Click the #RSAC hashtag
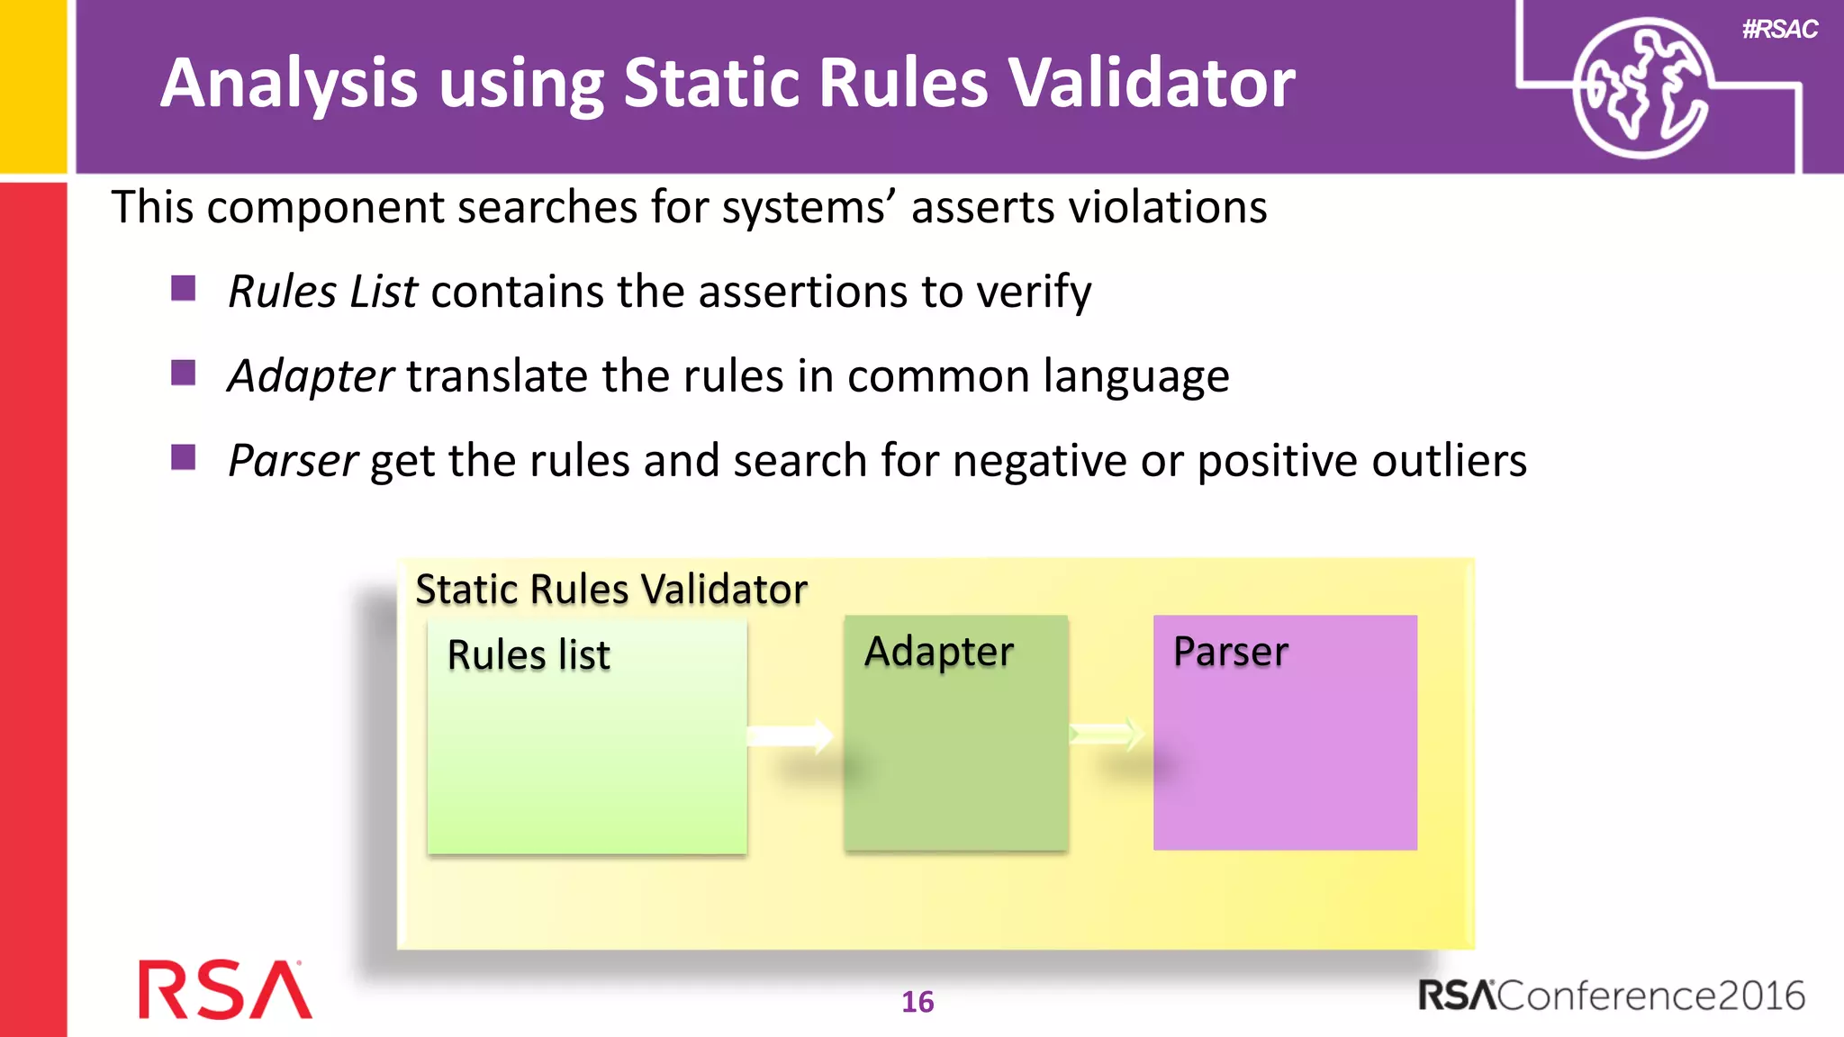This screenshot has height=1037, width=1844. (x=1779, y=30)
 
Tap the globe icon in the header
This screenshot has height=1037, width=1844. (x=1641, y=88)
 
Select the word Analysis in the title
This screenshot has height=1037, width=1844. (x=288, y=83)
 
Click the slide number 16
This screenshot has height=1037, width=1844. (x=917, y=1002)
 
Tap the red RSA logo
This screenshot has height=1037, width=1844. (x=225, y=990)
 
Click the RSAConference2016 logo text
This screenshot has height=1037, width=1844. (x=1612, y=996)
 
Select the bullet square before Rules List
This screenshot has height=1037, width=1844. (x=184, y=288)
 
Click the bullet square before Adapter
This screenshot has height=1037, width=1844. (x=184, y=372)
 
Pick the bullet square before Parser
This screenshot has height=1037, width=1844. (x=184, y=456)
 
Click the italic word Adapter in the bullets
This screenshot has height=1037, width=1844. (x=311, y=375)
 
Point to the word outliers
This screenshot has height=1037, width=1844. (x=1450, y=460)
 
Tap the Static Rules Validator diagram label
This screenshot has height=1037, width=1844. (x=610, y=590)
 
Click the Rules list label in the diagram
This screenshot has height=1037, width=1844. (x=529, y=654)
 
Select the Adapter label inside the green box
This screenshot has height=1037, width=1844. (x=938, y=652)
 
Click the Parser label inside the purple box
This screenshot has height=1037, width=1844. (x=1230, y=652)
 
